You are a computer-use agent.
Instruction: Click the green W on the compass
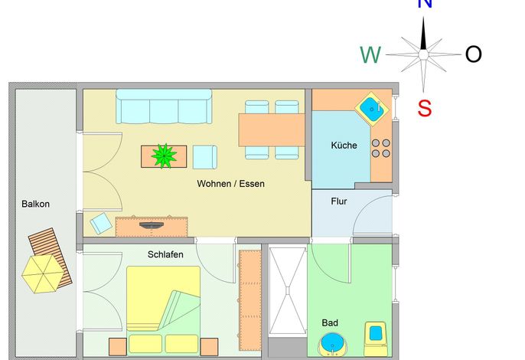pos(370,54)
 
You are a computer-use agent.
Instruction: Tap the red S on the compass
pos(424,108)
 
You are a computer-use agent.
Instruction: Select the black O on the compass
pos(474,54)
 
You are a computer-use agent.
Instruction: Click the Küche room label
pos(344,145)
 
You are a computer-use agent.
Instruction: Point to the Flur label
pos(339,201)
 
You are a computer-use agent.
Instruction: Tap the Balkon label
pos(35,204)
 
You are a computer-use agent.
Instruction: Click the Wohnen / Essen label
pos(230,184)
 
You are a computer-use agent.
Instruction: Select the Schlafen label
pos(165,254)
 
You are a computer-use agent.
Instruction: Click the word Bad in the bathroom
pos(330,322)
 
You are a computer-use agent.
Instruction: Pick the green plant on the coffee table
pos(164,155)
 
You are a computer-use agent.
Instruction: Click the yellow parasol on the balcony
pos(43,274)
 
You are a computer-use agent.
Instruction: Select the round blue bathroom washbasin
pos(332,344)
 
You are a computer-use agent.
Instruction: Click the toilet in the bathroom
pos(376,339)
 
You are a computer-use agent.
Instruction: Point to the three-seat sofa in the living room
pos(164,106)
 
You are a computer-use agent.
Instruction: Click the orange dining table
pos(272,129)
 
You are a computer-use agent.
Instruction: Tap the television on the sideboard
pos(152,225)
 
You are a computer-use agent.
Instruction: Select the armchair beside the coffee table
pos(205,157)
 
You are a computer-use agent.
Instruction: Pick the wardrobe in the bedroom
pos(250,300)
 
